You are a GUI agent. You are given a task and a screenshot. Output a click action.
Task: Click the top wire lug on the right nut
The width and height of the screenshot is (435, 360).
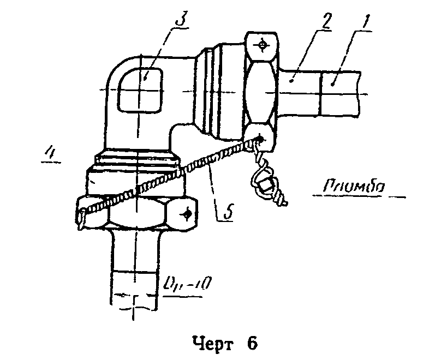click(x=264, y=44)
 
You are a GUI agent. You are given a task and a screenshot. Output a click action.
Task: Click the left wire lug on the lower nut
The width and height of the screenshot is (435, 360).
click(x=81, y=214)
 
